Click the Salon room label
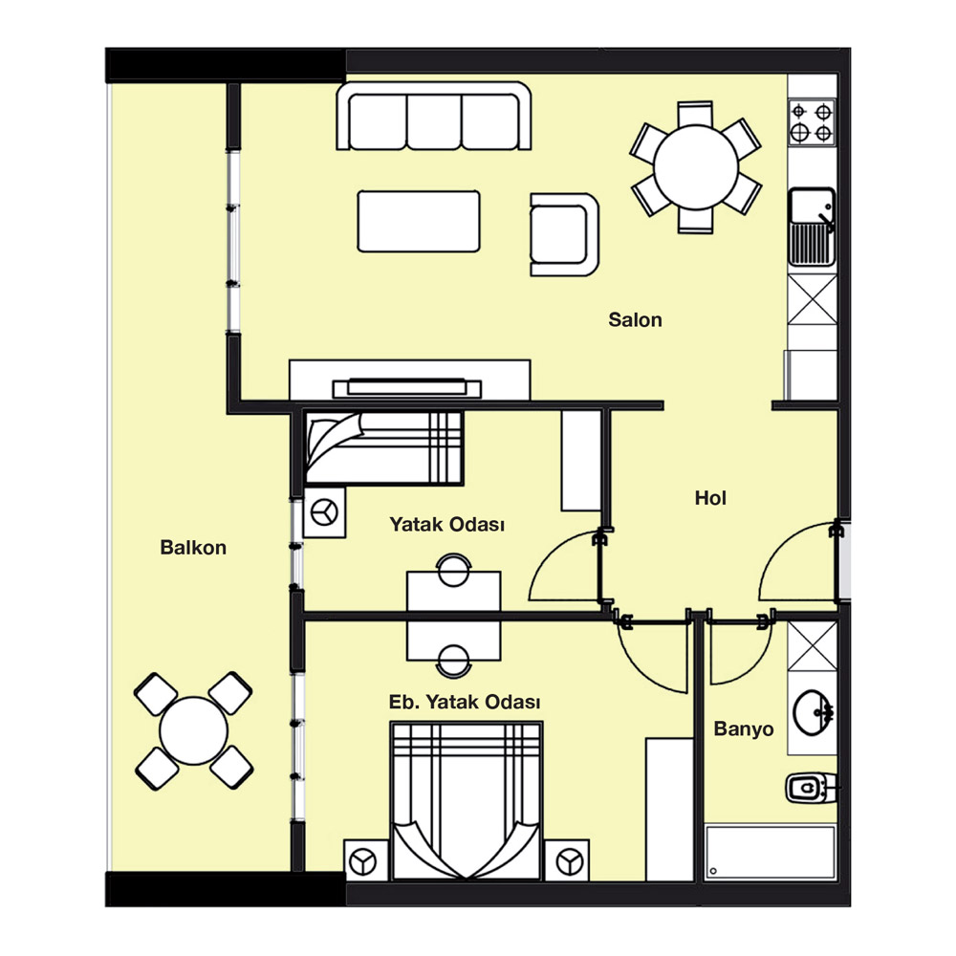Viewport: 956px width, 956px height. [635, 320]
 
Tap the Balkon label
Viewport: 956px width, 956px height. [193, 548]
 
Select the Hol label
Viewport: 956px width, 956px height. [710, 498]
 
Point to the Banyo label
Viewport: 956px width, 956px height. [743, 729]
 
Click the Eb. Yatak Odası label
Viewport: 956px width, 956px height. [465, 703]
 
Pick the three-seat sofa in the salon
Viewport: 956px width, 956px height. [434, 116]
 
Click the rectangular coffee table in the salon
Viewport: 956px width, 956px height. [419, 222]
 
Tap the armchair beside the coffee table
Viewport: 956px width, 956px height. [565, 235]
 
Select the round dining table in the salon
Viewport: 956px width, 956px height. [696, 167]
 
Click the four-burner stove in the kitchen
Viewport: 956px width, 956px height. [812, 122]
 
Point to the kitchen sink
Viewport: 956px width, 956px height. [812, 227]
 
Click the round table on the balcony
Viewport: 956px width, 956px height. [193, 731]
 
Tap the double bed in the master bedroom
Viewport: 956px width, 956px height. [467, 800]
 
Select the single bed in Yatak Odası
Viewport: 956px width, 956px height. [383, 448]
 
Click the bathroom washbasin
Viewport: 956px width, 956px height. [813, 712]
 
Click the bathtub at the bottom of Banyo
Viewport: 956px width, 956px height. [770, 853]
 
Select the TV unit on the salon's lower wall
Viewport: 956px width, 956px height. [410, 380]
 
